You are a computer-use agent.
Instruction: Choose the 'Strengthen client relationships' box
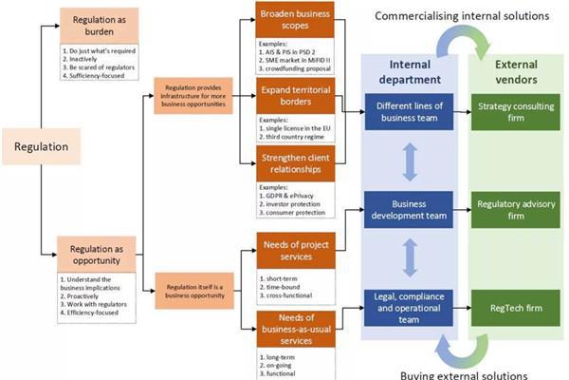click(x=297, y=160)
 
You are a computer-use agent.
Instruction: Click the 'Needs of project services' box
click(x=297, y=251)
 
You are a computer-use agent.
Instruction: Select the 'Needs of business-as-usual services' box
click(x=297, y=328)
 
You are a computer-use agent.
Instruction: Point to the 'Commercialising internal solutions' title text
click(x=462, y=15)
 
